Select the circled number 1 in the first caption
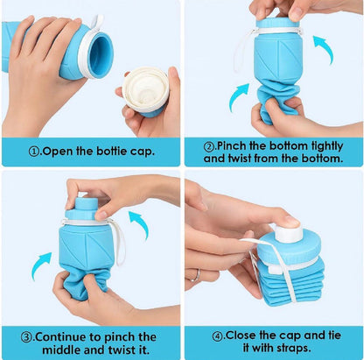click(34, 151)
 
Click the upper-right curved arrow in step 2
click(323, 49)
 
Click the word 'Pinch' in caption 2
click(235, 145)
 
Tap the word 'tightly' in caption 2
click(320, 145)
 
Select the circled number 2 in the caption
click(208, 145)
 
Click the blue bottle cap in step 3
click(83, 208)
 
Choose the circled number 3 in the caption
click(26, 336)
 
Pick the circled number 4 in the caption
click(218, 334)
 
